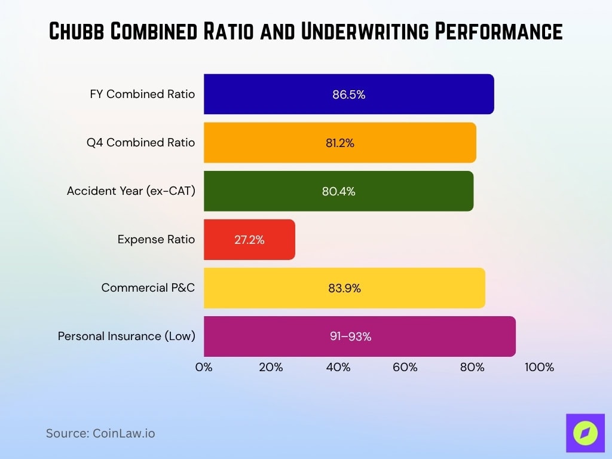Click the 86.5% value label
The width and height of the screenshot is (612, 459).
tap(348, 94)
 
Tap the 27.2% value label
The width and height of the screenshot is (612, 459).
tap(249, 240)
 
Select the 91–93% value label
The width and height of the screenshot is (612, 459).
tap(350, 336)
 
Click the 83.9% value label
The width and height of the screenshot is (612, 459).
tap(344, 288)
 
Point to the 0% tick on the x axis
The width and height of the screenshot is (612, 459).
tap(204, 367)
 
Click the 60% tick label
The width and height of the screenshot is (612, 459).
tap(405, 367)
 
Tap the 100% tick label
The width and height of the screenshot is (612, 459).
tap(539, 367)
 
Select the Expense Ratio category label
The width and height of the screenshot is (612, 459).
tap(156, 240)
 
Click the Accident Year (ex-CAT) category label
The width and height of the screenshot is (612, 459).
tap(131, 191)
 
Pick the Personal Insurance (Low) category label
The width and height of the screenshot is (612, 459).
tap(126, 336)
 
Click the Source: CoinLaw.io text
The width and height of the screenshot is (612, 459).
tap(100, 433)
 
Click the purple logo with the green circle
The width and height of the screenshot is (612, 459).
tap(585, 433)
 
